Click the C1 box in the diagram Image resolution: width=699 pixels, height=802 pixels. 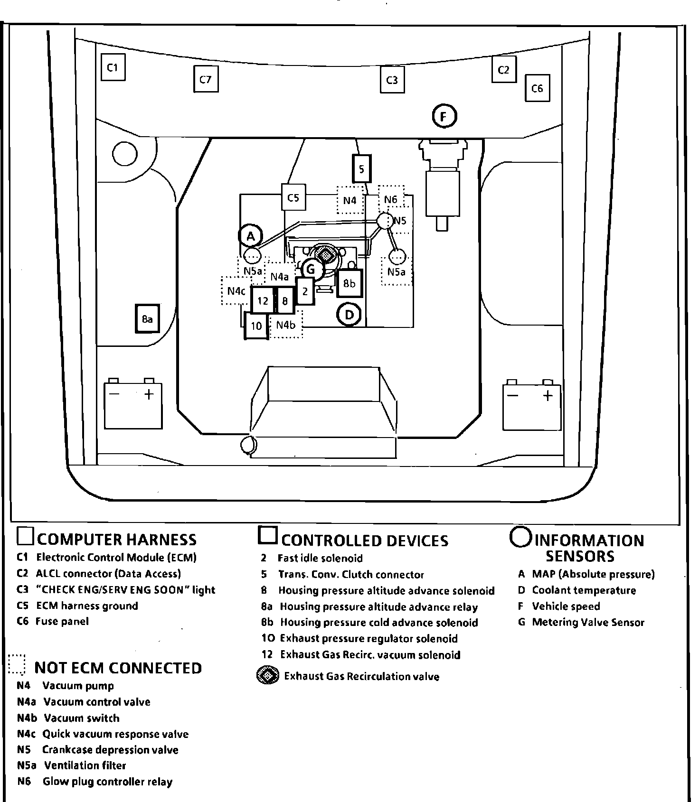(113, 67)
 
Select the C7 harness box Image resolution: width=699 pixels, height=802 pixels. (205, 79)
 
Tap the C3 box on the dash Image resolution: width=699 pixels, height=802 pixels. (392, 80)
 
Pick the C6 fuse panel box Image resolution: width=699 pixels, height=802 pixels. (537, 88)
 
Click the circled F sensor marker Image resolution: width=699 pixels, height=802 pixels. (444, 116)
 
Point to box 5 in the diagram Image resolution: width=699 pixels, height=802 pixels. (361, 169)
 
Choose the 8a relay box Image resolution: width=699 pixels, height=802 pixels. (147, 319)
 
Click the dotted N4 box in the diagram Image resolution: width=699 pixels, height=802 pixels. (350, 200)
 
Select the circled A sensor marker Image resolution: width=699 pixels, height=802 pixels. (251, 236)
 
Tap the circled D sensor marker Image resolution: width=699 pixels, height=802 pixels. (349, 315)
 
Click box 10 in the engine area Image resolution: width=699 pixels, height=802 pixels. (256, 326)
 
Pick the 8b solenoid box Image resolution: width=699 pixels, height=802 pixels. (349, 283)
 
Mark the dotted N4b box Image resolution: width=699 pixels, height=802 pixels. (285, 325)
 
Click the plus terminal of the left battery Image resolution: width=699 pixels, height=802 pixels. (149, 394)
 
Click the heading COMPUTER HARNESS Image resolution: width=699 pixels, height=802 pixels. (116, 540)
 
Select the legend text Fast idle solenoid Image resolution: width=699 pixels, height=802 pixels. (320, 558)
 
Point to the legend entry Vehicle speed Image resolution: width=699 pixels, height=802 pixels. (566, 606)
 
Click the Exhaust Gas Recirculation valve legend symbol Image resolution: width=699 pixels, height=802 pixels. (268, 676)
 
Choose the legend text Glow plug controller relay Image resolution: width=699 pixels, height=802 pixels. (107, 782)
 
